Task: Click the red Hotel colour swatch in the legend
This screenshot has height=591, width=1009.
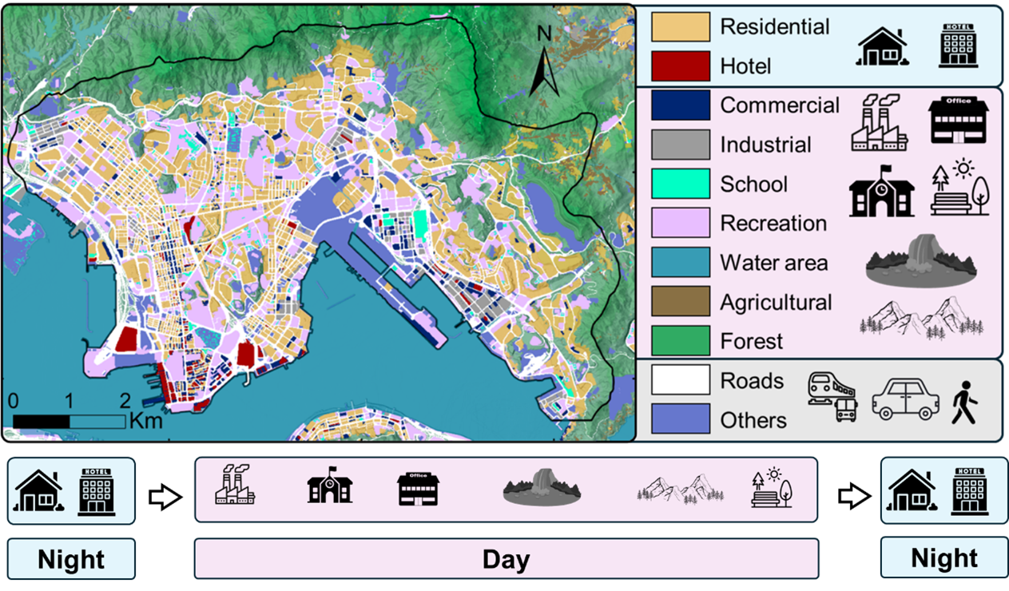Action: pyautogui.click(x=680, y=65)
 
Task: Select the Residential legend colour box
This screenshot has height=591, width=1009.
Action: pyautogui.click(x=680, y=26)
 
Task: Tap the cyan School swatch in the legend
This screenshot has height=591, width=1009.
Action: pyautogui.click(x=680, y=184)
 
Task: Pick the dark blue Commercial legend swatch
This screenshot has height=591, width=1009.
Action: pyautogui.click(x=680, y=105)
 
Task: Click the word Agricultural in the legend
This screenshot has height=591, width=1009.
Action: pyautogui.click(x=775, y=303)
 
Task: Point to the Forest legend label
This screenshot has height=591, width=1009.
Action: pyautogui.click(x=751, y=342)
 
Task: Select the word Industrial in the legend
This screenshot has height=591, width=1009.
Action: pyautogui.click(x=765, y=145)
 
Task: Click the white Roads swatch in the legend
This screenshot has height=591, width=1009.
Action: pyautogui.click(x=680, y=380)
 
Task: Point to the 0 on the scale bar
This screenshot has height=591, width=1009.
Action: pyautogui.click(x=13, y=399)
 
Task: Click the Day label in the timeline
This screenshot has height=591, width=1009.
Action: pyautogui.click(x=506, y=559)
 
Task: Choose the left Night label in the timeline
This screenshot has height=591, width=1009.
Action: pyautogui.click(x=71, y=559)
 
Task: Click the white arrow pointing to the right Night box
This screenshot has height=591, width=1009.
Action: pyautogui.click(x=853, y=496)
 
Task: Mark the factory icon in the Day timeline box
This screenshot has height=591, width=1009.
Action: pyautogui.click(x=235, y=486)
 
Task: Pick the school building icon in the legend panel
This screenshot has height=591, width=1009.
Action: pyautogui.click(x=881, y=192)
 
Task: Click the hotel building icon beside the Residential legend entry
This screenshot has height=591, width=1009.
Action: pyautogui.click(x=957, y=45)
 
